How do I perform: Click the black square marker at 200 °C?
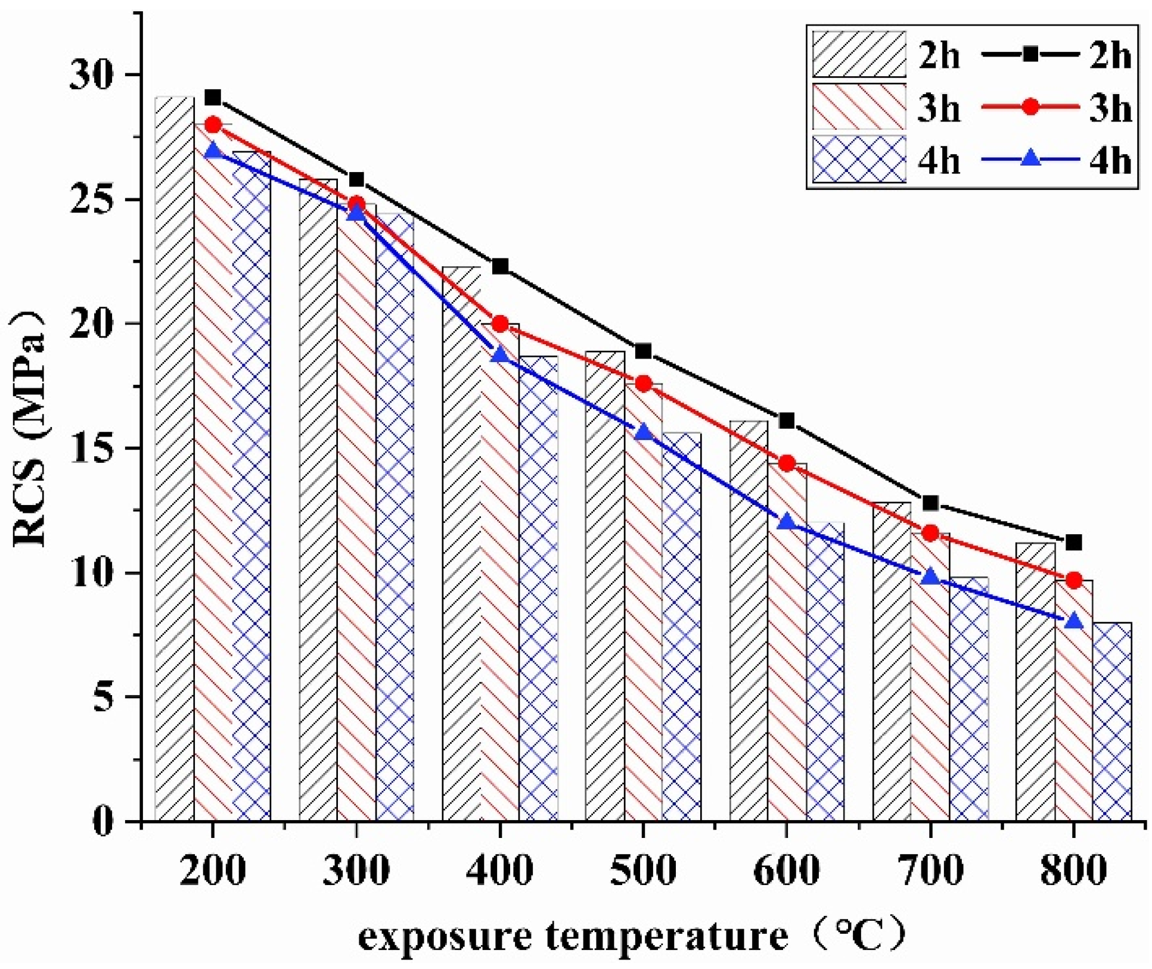[213, 97]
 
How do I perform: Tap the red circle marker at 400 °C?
[500, 324]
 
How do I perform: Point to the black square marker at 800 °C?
[1073, 543]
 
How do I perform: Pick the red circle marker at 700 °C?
[930, 533]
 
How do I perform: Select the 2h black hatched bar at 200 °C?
[175, 459]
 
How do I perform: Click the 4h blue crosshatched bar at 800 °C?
[1111, 722]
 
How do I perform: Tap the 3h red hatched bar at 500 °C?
[643, 602]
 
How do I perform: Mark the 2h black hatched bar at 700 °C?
[892, 661]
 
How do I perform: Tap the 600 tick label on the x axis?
[787, 871]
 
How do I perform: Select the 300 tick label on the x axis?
[356, 871]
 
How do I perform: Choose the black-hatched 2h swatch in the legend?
[858, 55]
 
